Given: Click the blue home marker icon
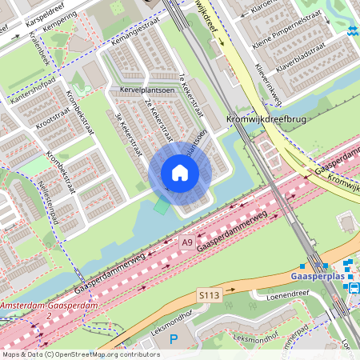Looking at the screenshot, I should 180,173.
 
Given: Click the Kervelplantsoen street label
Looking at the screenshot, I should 146,90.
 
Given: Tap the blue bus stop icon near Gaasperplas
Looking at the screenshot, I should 355,289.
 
